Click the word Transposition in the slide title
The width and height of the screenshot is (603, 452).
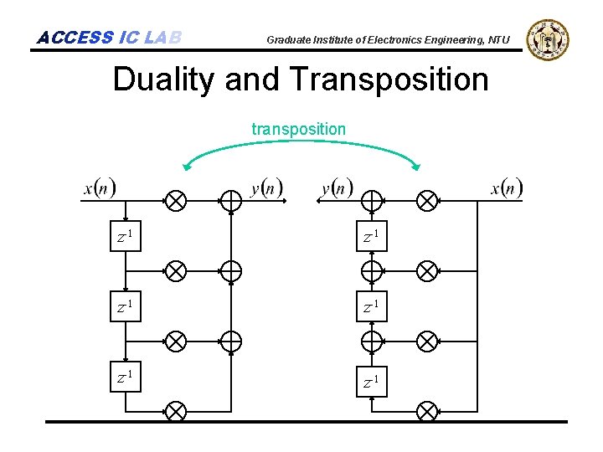389,80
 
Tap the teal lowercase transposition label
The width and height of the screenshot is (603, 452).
298,129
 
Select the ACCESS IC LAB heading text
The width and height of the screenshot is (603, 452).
109,38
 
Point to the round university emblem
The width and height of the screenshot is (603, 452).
548,39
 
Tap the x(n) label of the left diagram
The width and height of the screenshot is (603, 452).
100,188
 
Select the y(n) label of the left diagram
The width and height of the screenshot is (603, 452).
267,188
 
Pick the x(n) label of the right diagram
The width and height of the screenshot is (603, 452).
506,188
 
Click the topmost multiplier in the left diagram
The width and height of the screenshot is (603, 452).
175,201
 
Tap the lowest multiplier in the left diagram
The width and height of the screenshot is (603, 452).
175,411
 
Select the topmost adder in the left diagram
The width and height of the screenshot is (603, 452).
230,201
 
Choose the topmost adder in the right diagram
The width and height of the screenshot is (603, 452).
372,201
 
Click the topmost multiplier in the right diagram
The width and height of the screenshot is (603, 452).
427,201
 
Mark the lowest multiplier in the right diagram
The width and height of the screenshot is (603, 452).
427,411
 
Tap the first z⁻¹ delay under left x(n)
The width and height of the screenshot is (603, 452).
126,238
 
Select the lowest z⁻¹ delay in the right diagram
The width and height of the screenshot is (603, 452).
372,383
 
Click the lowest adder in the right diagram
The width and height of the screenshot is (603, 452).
372,341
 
